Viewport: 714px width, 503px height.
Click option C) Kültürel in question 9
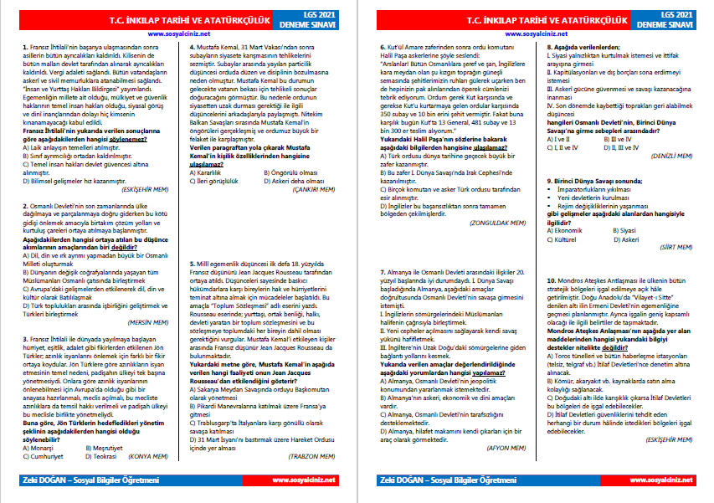point(567,238)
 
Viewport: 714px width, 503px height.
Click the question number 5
point(192,261)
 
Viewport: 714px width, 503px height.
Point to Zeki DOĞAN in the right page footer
point(398,480)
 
